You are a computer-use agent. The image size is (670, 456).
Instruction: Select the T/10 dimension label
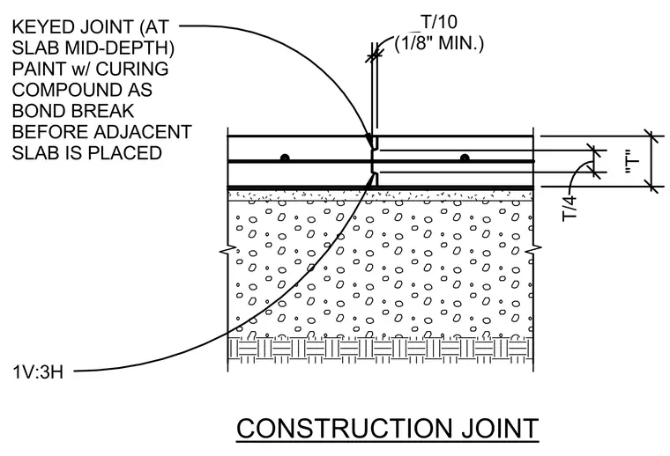439,22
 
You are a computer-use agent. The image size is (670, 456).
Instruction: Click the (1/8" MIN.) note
439,43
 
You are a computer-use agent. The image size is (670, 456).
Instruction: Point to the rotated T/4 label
570,208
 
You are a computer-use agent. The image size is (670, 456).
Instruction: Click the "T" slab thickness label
632,161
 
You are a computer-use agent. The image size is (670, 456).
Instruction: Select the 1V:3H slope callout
38,372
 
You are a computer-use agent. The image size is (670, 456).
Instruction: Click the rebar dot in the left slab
285,158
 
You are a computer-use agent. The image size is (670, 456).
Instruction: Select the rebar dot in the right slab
465,158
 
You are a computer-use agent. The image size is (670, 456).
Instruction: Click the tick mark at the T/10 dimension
374,55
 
